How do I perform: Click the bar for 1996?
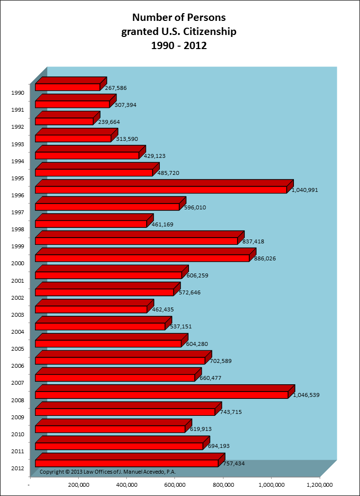click(x=160, y=189)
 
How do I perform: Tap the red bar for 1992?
click(x=64, y=121)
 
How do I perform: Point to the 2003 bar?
click(x=91, y=309)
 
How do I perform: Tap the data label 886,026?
click(x=265, y=258)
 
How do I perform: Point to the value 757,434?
click(x=234, y=463)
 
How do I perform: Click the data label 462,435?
click(x=163, y=309)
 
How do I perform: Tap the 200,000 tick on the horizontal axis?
click(x=78, y=485)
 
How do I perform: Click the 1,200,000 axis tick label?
click(x=319, y=485)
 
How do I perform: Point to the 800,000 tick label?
click(x=223, y=485)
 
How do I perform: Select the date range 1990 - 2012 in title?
click(x=179, y=46)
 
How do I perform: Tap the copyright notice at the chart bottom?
click(x=107, y=472)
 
